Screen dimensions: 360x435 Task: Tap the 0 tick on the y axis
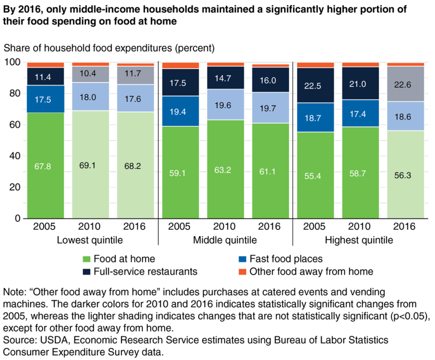pos(17,218)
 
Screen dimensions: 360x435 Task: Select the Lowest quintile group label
pos(90,240)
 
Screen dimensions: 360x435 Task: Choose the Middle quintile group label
pos(225,240)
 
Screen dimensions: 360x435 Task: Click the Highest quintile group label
pos(359,240)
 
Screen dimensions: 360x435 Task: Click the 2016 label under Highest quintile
pos(404,227)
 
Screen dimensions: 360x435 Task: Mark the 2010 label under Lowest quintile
pos(90,227)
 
